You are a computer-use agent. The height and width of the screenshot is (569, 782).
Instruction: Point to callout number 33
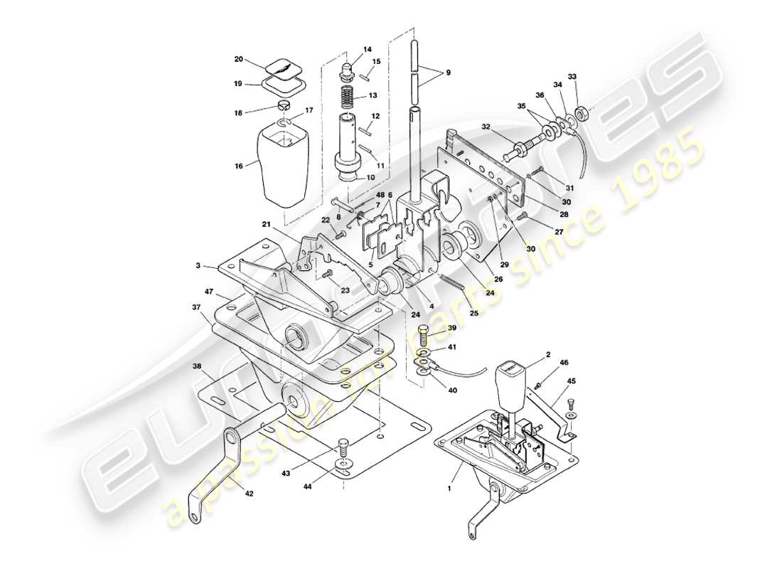572,76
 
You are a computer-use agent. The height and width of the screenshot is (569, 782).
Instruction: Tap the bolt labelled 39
422,331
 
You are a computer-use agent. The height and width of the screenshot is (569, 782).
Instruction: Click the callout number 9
449,73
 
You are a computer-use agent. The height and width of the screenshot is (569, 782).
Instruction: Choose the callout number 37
195,307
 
